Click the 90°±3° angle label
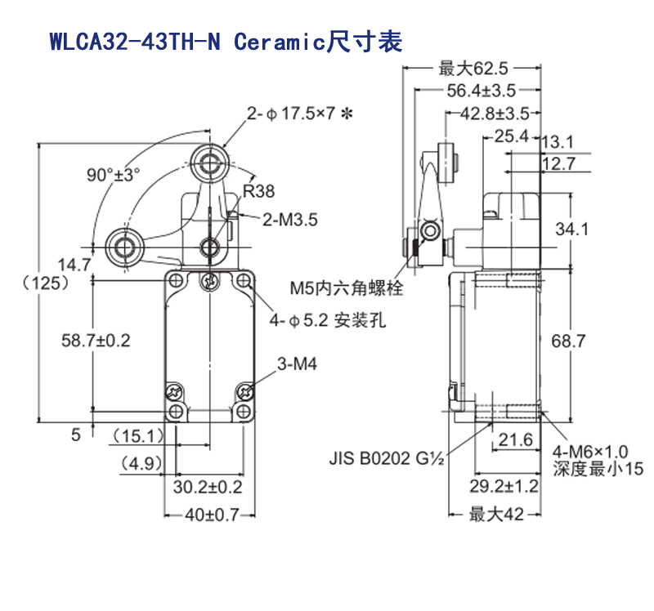pyautogui.click(x=114, y=174)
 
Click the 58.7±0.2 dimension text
pyautogui.click(x=96, y=339)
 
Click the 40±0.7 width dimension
pyautogui.click(x=211, y=515)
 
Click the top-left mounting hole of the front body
pyautogui.click(x=176, y=282)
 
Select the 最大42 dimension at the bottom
pyautogui.click(x=496, y=515)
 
